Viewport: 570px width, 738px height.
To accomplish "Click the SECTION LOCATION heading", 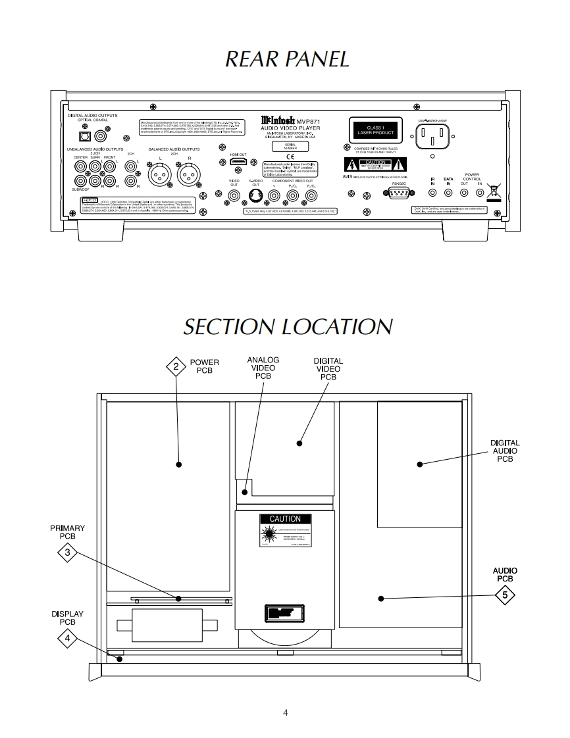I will pos(288,327).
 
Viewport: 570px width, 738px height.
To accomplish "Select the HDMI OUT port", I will pos(238,162).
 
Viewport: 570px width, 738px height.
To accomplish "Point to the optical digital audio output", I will pos(84,136).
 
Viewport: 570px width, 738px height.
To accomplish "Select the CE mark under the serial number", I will pos(280,155).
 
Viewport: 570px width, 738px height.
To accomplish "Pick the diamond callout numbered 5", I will pos(505,595).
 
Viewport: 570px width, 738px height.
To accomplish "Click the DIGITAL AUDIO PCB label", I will pos(505,451).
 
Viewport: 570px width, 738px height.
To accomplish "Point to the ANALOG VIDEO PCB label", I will pos(263,368).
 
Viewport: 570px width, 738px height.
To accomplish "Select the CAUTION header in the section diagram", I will pos(285,519).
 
